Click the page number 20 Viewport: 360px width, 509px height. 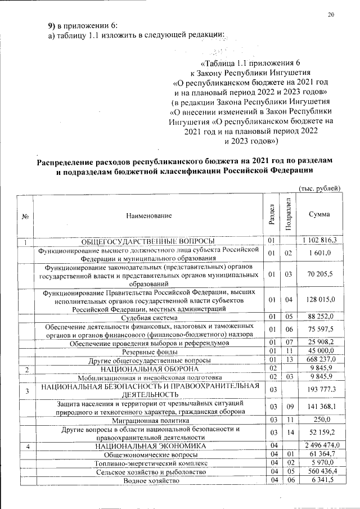click(x=331, y=15)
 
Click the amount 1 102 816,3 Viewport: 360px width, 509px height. click(x=319, y=241)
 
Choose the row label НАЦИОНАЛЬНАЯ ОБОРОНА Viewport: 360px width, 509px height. click(x=150, y=368)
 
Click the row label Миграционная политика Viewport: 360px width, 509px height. click(x=150, y=420)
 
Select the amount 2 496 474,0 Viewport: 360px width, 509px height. click(x=319, y=445)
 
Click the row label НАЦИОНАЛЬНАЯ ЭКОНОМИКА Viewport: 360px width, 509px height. click(x=150, y=445)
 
